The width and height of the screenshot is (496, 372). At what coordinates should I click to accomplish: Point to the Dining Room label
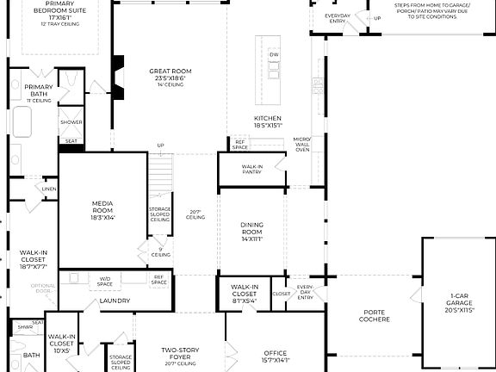tap(251, 227)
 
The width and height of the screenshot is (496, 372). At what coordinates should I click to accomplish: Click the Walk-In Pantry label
tap(252, 170)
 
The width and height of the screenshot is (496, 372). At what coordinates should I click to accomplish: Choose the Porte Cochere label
tap(374, 316)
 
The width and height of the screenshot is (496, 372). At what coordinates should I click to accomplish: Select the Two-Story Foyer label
tap(181, 354)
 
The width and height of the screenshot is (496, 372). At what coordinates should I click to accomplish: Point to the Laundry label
tap(115, 301)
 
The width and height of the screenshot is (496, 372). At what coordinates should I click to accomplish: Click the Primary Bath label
tap(38, 90)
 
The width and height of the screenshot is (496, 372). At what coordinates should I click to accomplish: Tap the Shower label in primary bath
tap(71, 122)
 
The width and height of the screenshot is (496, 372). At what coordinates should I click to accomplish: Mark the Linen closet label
tap(48, 189)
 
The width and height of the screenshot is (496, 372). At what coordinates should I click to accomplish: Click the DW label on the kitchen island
tap(274, 54)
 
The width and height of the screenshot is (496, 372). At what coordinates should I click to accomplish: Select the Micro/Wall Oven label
tap(301, 144)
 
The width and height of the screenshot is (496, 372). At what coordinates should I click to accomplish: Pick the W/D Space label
tap(103, 281)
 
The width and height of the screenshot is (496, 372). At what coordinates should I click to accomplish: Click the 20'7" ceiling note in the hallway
tap(195, 214)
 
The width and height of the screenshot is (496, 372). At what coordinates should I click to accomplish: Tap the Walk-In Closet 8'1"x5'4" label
tap(245, 294)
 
